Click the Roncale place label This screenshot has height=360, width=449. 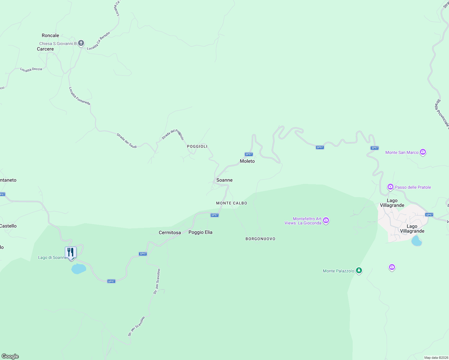click(50, 35)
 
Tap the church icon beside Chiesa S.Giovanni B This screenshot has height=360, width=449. click(81, 43)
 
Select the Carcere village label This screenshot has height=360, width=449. click(45, 49)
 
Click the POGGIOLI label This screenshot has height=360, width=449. click(197, 146)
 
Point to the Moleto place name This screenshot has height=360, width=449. click(247, 161)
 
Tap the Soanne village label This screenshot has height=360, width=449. click(224, 180)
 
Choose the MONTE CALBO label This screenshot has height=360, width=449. click(232, 203)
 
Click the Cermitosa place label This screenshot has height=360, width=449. click(170, 232)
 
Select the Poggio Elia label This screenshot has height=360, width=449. click(200, 232)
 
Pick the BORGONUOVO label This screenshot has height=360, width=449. click(261, 239)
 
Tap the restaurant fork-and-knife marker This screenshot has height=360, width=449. click(71, 252)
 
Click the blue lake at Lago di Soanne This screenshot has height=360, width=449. click(79, 269)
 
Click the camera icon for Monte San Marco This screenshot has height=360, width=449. click(423, 152)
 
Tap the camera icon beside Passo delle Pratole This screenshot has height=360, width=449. click(390, 187)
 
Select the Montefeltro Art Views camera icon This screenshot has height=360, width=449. click(326, 221)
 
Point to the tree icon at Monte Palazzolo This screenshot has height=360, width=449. click(359, 271)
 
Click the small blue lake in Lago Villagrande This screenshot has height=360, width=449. click(416, 241)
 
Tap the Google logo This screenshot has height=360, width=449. click(10, 356)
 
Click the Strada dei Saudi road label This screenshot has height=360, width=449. click(127, 141)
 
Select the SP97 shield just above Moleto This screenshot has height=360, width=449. click(249, 154)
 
